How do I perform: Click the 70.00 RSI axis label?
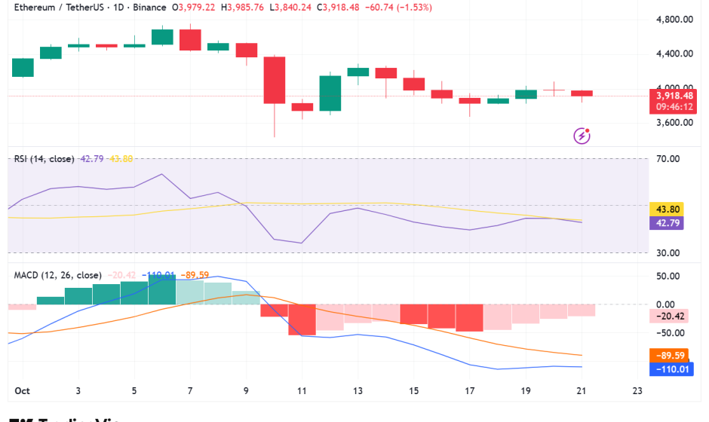[x=668, y=159]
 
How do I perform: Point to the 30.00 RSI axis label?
[x=668, y=253]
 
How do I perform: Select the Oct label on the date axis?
[x=21, y=391]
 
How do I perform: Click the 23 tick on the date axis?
[x=637, y=391]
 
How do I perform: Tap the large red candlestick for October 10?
[x=274, y=80]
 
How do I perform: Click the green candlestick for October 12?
[x=330, y=93]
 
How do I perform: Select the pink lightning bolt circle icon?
[x=582, y=136]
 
